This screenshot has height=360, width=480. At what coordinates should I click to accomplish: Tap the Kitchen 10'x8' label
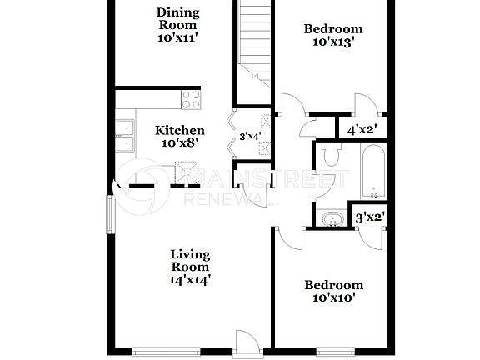[180, 137]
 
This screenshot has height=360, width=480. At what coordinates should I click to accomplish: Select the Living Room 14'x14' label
[190, 267]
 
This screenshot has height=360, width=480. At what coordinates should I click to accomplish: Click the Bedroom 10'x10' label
[332, 291]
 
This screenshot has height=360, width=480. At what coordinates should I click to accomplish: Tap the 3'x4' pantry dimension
[249, 136]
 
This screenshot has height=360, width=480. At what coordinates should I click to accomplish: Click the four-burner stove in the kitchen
[191, 100]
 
